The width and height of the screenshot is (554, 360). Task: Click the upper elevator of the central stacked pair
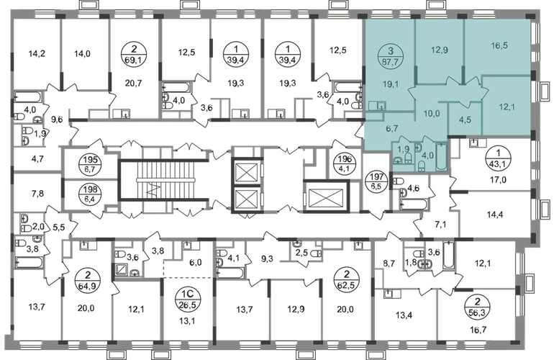(x=246, y=170)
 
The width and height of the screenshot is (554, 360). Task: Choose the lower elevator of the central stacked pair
(x=246, y=195)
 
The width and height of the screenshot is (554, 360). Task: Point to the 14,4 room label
(x=495, y=215)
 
